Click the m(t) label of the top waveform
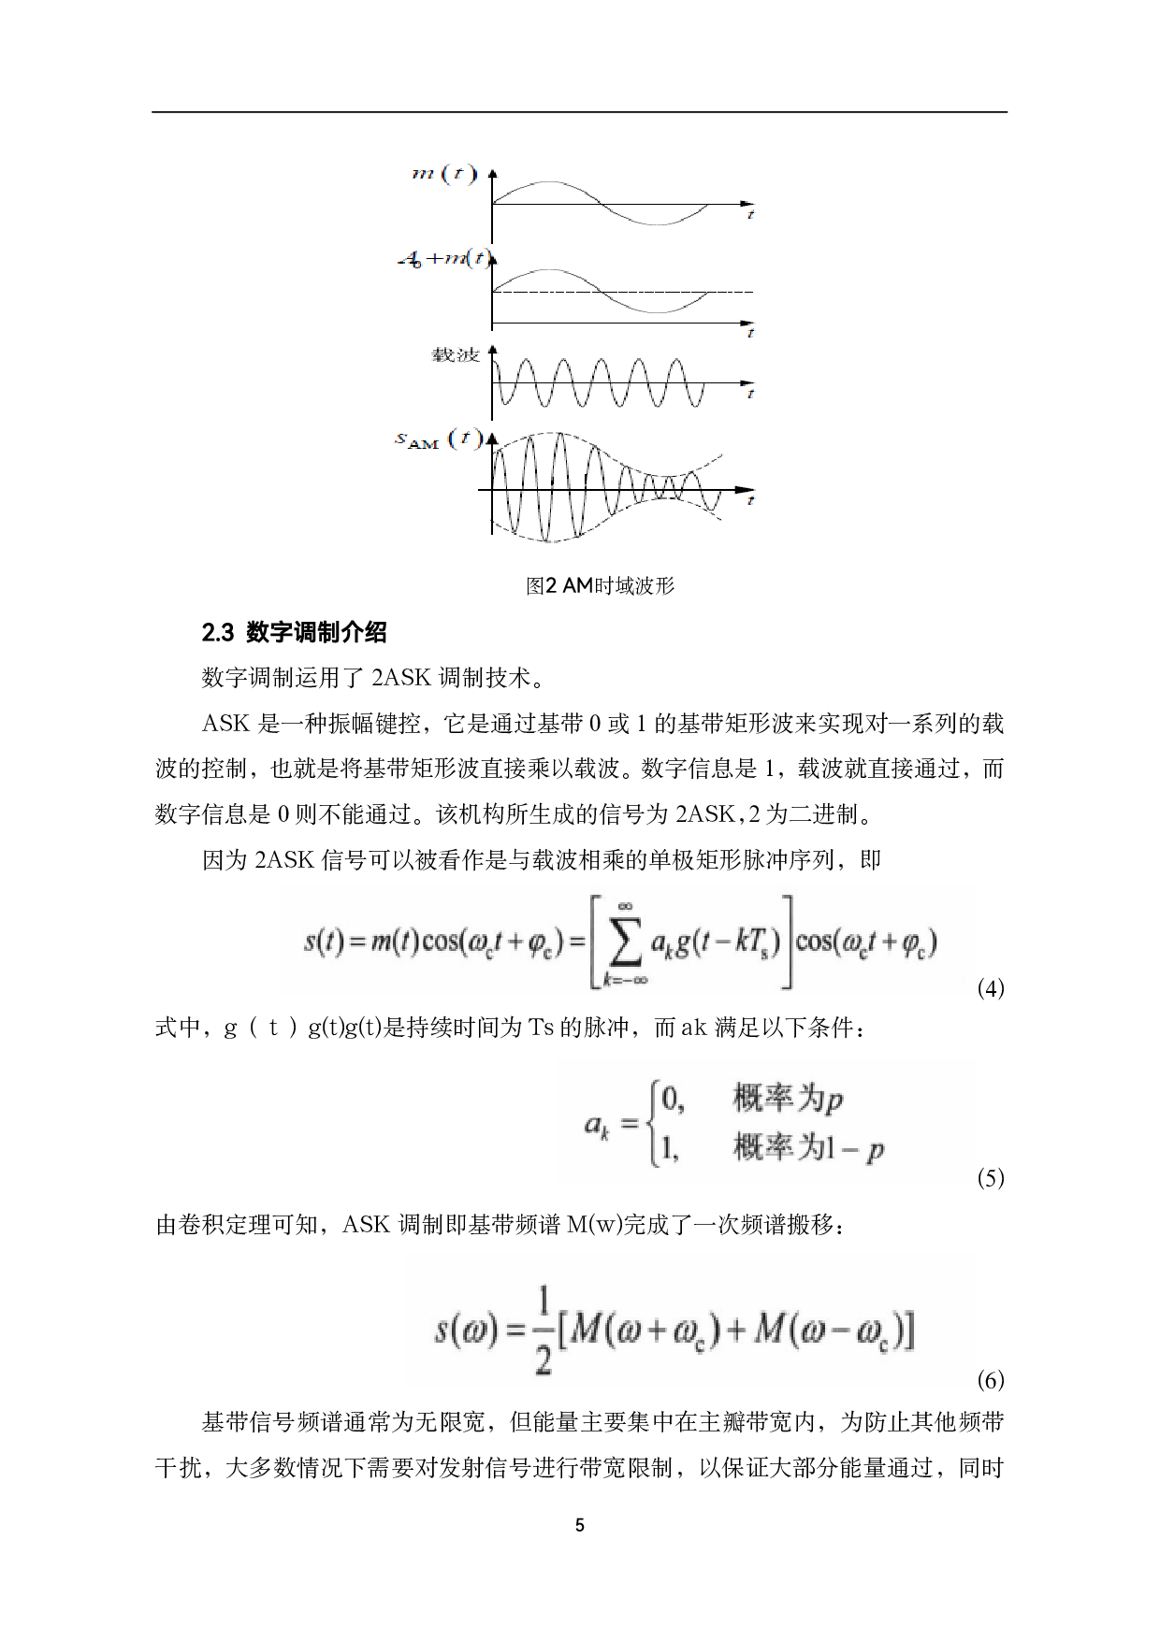click(444, 174)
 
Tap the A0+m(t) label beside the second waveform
click(442, 259)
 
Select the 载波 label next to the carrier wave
click(456, 355)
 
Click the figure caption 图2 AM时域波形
click(600, 586)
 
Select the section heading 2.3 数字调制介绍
click(295, 633)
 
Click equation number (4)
click(990, 988)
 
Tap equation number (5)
click(990, 1178)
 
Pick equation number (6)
click(990, 1380)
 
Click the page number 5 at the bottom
click(580, 1526)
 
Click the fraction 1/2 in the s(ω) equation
click(543, 1330)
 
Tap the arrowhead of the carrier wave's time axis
click(747, 382)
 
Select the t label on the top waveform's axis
click(750, 216)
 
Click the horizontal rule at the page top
click(580, 113)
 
